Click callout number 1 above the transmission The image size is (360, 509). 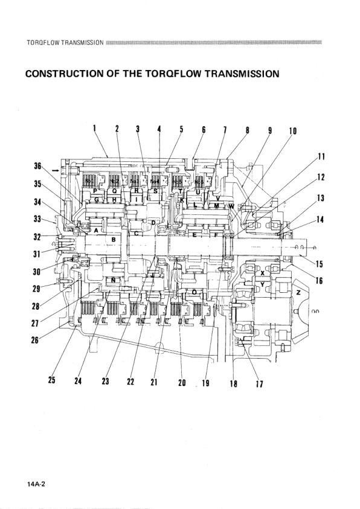pyautogui.click(x=95, y=128)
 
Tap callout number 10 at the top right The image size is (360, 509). pyautogui.click(x=293, y=131)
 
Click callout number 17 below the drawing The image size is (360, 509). pyautogui.click(x=259, y=383)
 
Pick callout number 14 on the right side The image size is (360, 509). pyautogui.click(x=320, y=220)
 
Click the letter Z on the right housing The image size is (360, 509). pyautogui.click(x=298, y=292)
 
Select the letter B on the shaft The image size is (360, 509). pyautogui.click(x=113, y=240)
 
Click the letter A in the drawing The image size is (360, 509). pyautogui.click(x=97, y=230)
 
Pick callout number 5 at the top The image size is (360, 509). pyautogui.click(x=181, y=129)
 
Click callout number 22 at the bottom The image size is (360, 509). pyautogui.click(x=129, y=382)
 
